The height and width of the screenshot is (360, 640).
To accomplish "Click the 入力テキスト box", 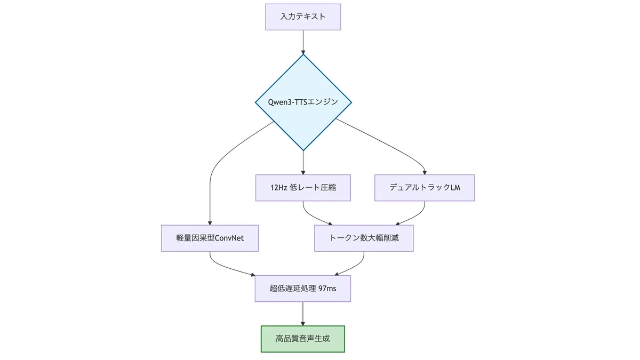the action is [303, 17].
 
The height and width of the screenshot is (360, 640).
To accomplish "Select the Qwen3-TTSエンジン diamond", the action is [303, 102].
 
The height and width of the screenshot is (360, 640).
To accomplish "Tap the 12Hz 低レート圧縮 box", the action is [303, 188].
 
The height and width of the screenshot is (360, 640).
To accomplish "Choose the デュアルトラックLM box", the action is [425, 188].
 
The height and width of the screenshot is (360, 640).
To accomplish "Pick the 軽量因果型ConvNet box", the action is [210, 238].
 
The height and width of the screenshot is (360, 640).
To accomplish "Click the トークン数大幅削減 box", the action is [364, 238].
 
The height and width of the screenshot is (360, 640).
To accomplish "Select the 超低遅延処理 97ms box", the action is [303, 289].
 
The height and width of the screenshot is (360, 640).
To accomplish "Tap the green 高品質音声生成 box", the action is [303, 339].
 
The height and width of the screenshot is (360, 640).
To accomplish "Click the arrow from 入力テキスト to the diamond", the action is [303, 42].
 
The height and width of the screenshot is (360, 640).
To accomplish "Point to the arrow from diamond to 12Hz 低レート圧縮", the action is [303, 163].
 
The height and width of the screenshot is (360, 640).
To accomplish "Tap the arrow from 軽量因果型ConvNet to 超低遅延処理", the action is [226, 267].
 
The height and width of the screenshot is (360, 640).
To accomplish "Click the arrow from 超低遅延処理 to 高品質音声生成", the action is [303, 314].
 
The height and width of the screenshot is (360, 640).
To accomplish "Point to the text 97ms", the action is [327, 289].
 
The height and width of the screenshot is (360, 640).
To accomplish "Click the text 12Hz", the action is [279, 188].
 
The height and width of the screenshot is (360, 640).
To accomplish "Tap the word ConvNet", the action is [229, 238].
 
